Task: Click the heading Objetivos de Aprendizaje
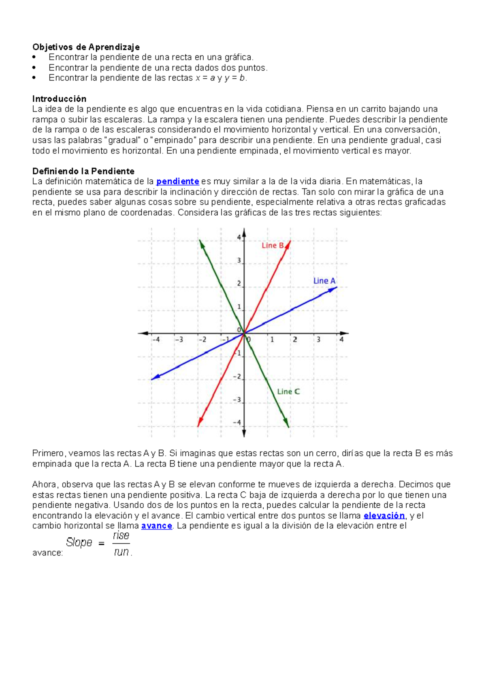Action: (x=86, y=47)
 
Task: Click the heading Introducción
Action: (x=59, y=99)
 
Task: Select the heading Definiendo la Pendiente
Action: (x=83, y=171)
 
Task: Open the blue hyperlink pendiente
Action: (x=177, y=182)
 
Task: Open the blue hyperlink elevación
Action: (x=384, y=515)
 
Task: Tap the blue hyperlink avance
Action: (x=157, y=526)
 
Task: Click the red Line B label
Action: (x=273, y=246)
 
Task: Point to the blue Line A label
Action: (x=324, y=281)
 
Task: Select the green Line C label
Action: (x=288, y=391)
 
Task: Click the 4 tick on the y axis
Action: (x=239, y=237)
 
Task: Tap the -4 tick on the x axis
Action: (x=156, y=340)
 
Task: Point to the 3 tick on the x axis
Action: (x=318, y=340)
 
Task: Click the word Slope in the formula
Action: (x=79, y=542)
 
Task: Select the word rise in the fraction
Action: (x=121, y=536)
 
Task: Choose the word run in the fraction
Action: (x=121, y=552)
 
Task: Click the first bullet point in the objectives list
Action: (x=34, y=58)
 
